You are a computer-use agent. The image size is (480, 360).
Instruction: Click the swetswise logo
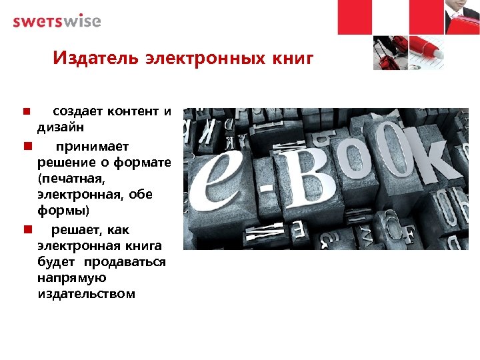(57, 21)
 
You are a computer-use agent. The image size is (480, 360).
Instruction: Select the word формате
(144, 162)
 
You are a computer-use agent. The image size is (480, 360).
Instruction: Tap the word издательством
(87, 294)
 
